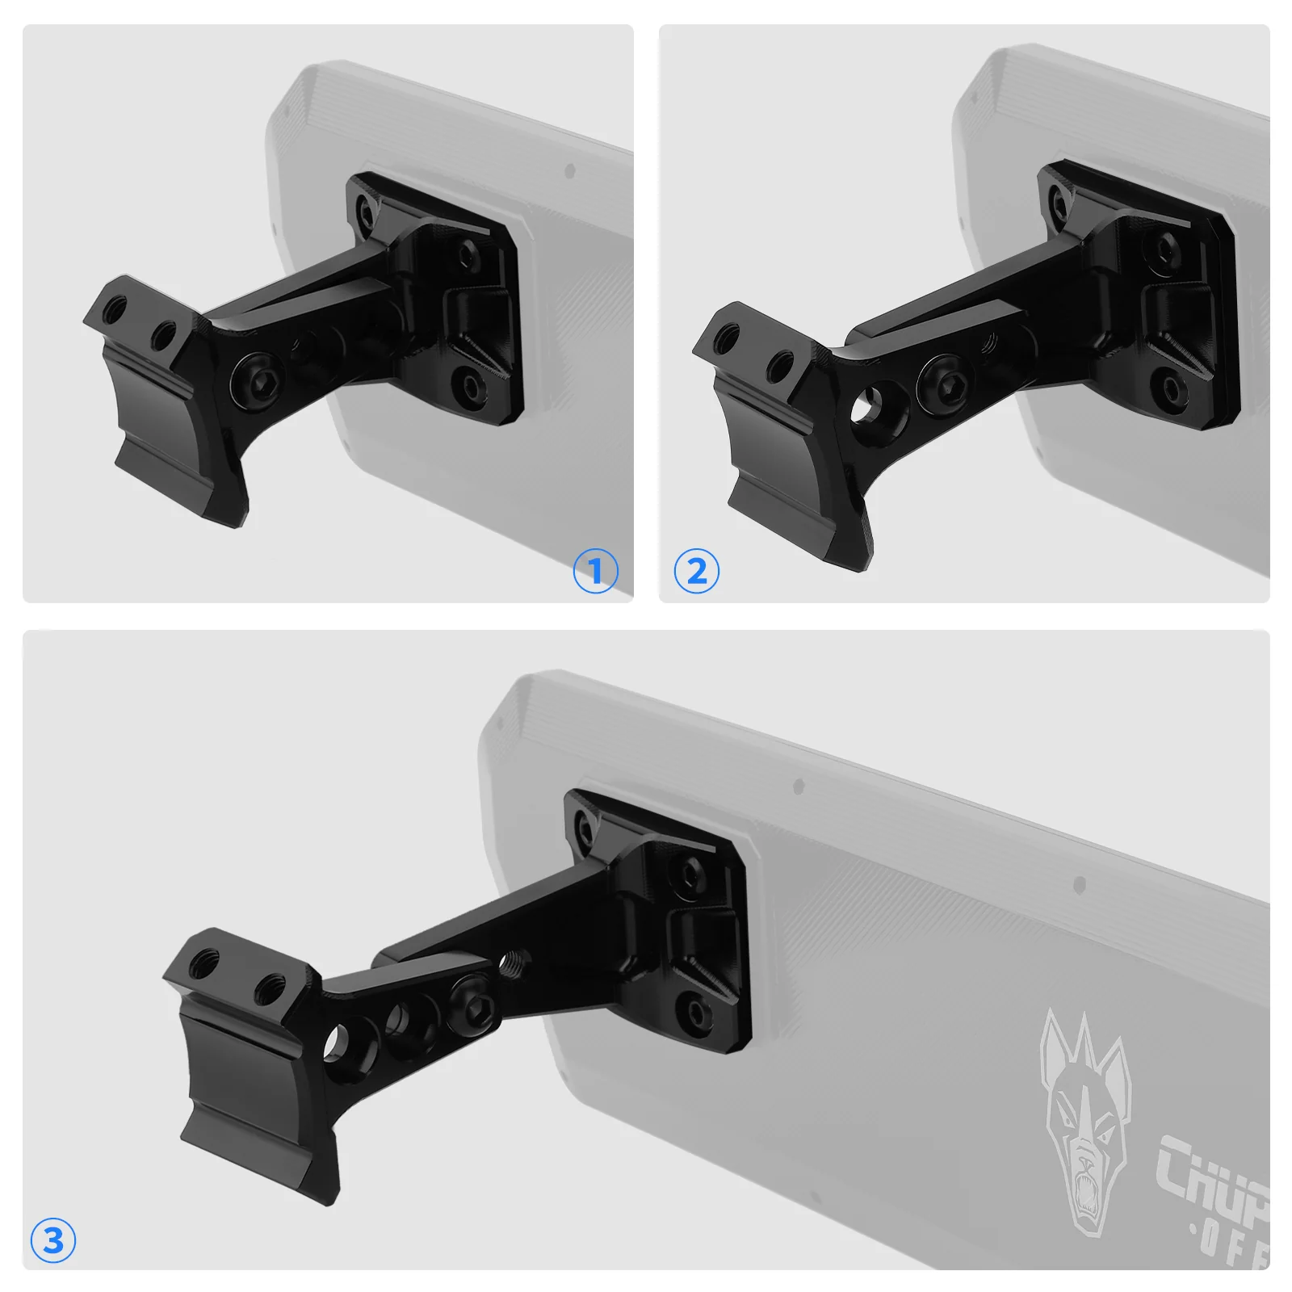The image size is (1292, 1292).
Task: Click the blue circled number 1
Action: tap(595, 572)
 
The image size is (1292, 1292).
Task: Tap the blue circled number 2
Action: tap(696, 572)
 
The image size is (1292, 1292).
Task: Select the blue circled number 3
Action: tap(53, 1240)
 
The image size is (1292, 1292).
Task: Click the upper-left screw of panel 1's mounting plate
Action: tap(366, 212)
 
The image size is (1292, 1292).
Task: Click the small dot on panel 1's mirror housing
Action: tap(570, 171)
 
